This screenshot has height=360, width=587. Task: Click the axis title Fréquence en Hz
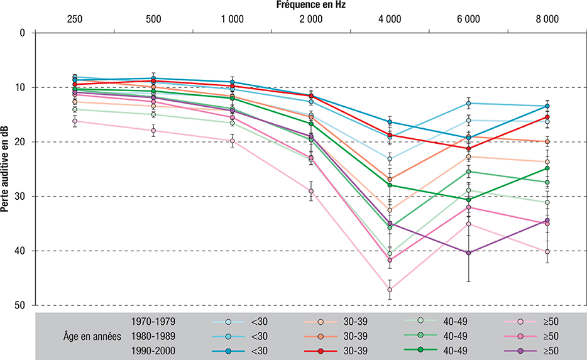[x=310, y=5]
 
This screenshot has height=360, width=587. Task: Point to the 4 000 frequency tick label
[x=390, y=19]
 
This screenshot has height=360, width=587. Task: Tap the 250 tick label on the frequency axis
[x=75, y=19]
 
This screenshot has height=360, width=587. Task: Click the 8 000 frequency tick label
[x=547, y=19]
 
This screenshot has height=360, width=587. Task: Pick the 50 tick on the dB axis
[x=23, y=305]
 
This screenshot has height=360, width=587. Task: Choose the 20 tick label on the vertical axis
[x=23, y=142]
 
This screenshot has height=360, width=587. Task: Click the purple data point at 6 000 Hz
[x=468, y=253]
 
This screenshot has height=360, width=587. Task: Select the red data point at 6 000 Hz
[x=468, y=148]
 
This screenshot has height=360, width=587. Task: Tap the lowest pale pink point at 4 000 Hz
[x=390, y=290]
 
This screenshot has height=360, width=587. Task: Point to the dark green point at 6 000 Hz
[x=468, y=200]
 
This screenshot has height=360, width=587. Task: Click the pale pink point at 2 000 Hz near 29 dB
[x=311, y=191]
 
